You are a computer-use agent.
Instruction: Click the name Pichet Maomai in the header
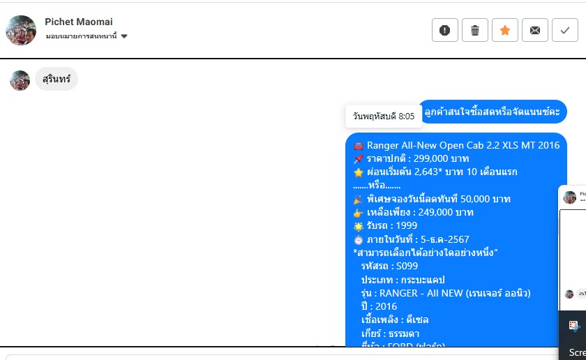tap(78, 22)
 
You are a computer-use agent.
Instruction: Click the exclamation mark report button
tap(445, 30)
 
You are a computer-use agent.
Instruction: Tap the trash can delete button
tap(475, 30)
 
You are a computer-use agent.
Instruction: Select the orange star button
tap(505, 30)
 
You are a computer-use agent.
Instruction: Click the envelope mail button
tap(535, 30)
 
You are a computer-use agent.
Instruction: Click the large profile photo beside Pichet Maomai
tap(21, 30)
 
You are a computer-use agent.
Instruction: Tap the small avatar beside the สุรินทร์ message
tap(20, 80)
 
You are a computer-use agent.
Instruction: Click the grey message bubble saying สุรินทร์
tap(57, 79)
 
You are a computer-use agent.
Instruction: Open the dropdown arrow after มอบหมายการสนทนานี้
tap(124, 36)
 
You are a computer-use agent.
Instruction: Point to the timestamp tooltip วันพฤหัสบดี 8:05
tap(384, 116)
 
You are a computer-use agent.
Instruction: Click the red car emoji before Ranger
tap(359, 146)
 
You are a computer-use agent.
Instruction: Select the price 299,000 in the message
tap(433, 159)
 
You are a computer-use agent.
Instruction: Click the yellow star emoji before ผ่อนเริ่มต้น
tap(359, 172)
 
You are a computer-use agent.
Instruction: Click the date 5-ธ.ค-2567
tap(437, 239)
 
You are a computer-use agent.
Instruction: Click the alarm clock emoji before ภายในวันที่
tap(359, 239)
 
